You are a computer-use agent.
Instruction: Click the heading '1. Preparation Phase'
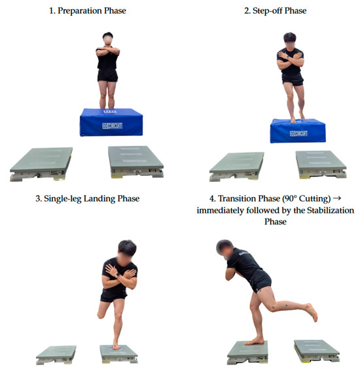(x=88, y=10)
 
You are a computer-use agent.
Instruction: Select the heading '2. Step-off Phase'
(x=276, y=10)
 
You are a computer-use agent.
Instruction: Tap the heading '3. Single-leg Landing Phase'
(x=88, y=199)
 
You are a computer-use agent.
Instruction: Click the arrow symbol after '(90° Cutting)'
(x=337, y=198)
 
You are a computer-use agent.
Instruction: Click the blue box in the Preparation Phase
(x=111, y=122)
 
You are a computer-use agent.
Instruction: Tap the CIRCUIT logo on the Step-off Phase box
(x=298, y=133)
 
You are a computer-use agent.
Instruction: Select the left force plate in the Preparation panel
(x=41, y=164)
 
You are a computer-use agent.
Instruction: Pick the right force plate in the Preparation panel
(x=136, y=162)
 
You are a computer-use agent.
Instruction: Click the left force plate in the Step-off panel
(x=236, y=166)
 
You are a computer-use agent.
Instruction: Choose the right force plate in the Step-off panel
(x=321, y=164)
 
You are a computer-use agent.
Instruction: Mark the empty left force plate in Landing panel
(x=56, y=355)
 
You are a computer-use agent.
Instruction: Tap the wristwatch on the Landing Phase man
(x=118, y=275)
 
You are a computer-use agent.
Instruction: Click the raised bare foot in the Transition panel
(x=312, y=312)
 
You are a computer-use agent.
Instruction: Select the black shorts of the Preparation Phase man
(x=107, y=75)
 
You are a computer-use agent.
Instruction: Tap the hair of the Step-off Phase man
(x=290, y=37)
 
